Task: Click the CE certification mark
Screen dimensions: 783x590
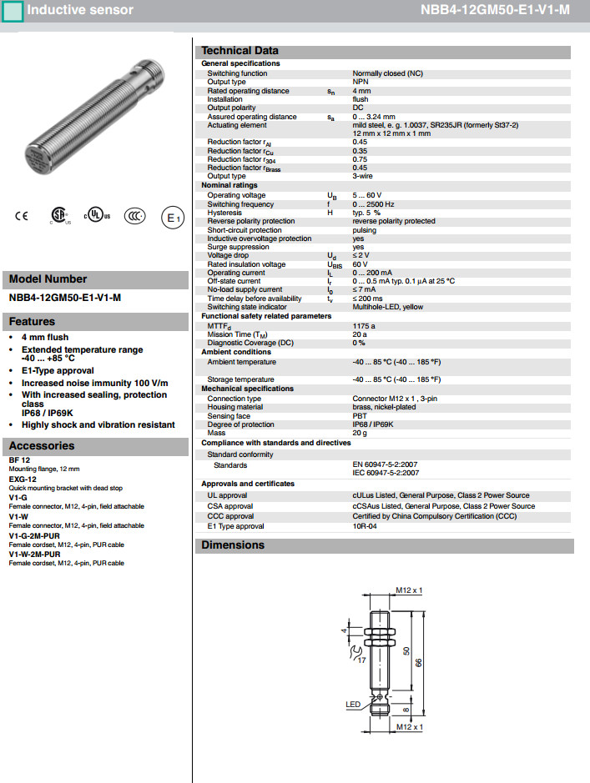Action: (x=22, y=216)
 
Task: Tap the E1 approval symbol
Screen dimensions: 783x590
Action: (x=171, y=218)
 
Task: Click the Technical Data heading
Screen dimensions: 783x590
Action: (x=240, y=51)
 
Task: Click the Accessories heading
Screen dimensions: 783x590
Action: (x=42, y=446)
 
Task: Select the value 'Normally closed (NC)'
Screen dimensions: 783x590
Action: (x=387, y=73)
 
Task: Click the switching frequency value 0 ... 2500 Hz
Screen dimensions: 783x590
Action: (x=373, y=204)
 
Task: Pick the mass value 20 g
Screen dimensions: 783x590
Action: (x=360, y=433)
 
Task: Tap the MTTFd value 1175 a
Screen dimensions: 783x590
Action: (x=364, y=326)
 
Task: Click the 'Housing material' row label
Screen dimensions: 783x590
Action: (x=235, y=407)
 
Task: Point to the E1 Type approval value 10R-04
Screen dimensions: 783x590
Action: (x=365, y=526)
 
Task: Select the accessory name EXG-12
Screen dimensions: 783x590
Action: (x=23, y=479)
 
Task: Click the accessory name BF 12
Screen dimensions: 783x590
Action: (x=19, y=460)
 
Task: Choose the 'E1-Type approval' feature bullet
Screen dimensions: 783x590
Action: (x=58, y=370)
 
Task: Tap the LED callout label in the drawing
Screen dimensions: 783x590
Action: (x=353, y=705)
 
